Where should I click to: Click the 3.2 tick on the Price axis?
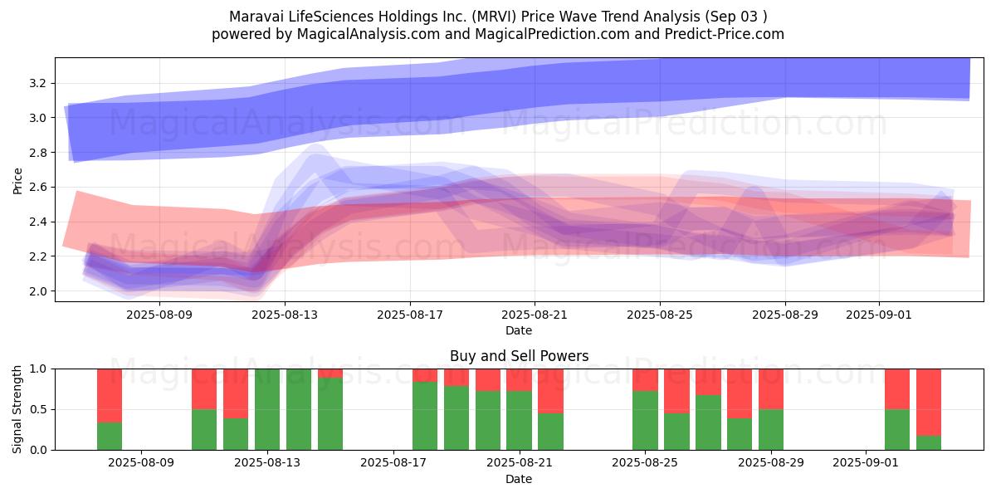(37, 83)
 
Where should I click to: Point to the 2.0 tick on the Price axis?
(37, 291)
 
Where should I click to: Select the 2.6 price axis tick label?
(37, 188)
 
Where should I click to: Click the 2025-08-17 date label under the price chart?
(409, 315)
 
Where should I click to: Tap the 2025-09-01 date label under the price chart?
(879, 315)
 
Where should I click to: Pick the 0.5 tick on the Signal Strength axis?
(39, 409)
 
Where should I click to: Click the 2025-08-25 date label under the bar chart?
(645, 462)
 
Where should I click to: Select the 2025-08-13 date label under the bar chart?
(267, 462)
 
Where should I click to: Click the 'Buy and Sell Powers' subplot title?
(519, 356)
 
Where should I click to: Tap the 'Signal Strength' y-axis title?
(17, 409)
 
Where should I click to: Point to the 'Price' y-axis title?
(17, 181)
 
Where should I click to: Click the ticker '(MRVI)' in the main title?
(494, 17)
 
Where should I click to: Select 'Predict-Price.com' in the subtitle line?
(725, 34)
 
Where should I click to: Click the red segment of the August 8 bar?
(110, 396)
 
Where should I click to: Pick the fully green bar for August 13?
(267, 409)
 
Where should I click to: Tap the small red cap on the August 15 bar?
(330, 373)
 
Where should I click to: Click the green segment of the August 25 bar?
(645, 421)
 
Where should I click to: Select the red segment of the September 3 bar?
(929, 403)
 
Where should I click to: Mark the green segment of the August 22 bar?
(550, 432)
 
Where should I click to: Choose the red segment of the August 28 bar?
(740, 393)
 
